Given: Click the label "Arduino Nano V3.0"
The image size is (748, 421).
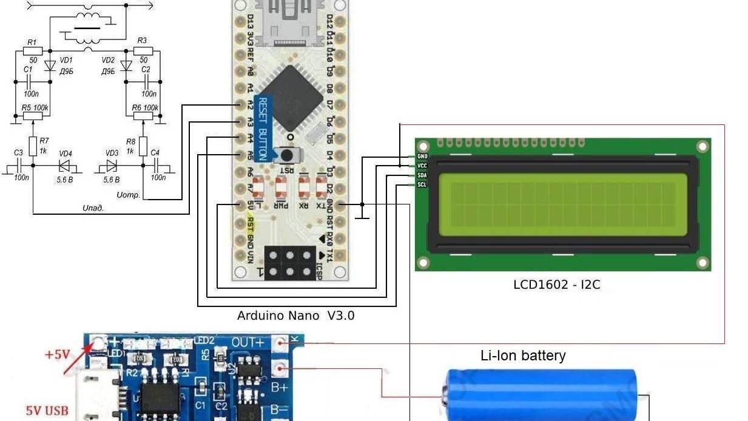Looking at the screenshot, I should click(x=295, y=315).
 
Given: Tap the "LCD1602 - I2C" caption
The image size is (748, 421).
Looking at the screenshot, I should click(x=556, y=284).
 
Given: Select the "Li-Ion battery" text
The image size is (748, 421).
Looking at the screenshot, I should click(x=523, y=355).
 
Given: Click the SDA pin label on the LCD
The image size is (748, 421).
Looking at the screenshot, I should click(x=422, y=175).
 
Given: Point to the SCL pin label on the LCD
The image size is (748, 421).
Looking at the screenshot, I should click(x=422, y=184).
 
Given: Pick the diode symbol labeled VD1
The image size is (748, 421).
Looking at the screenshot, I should click(x=50, y=65).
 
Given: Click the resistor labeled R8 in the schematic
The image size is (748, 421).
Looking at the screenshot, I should click(x=143, y=146).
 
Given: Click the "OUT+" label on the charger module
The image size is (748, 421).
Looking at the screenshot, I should click(x=248, y=343).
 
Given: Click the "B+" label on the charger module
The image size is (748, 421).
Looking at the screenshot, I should click(x=279, y=386).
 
